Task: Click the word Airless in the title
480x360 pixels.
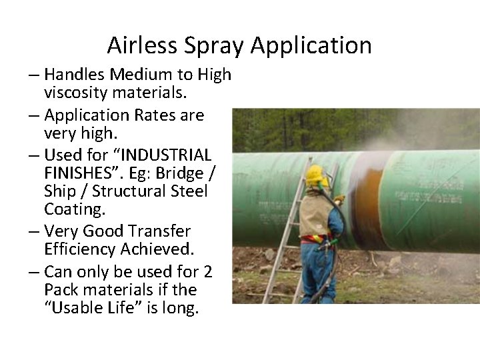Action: [139, 45]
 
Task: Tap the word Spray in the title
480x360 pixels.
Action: [211, 45]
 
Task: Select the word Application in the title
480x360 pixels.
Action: [311, 45]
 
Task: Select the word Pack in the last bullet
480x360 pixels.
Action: [61, 290]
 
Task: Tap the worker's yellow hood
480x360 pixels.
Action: [315, 176]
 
